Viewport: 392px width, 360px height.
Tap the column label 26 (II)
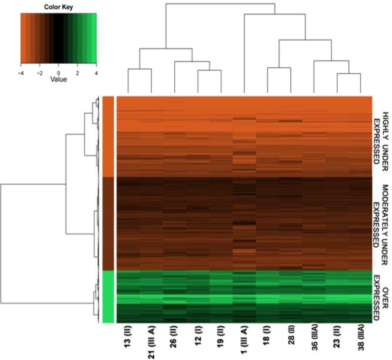click(175, 341)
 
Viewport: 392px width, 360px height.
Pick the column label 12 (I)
click(198, 340)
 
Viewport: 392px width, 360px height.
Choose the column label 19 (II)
click(221, 341)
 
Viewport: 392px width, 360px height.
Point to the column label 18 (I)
click(267, 340)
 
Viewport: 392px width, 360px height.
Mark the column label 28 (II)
click(290, 341)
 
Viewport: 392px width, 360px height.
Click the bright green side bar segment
click(108, 296)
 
